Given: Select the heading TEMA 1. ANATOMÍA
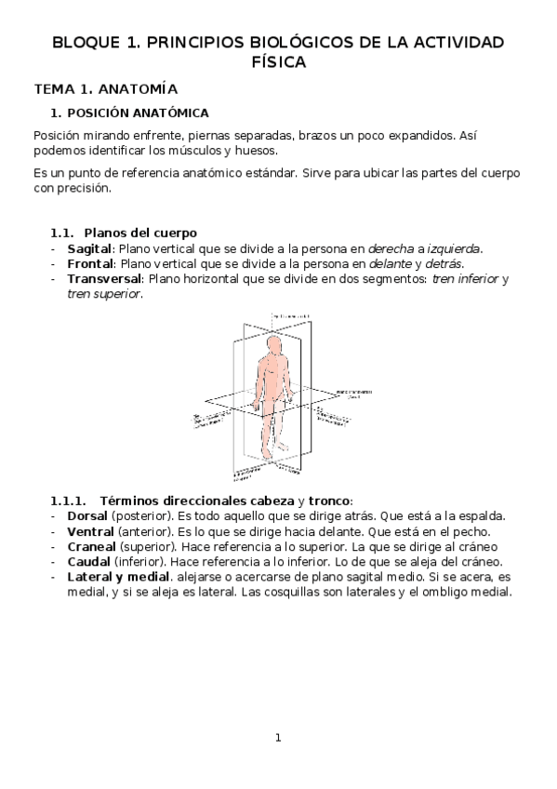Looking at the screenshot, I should coord(105,89).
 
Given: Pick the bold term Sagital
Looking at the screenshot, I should coord(89,248).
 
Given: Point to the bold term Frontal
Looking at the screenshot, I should coord(89,263).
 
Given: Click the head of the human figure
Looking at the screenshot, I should coord(272,345).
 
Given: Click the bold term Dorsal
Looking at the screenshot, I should coord(87,515).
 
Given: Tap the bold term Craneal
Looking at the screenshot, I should coord(91,546).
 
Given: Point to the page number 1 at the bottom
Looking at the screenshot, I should coord(277,738).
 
